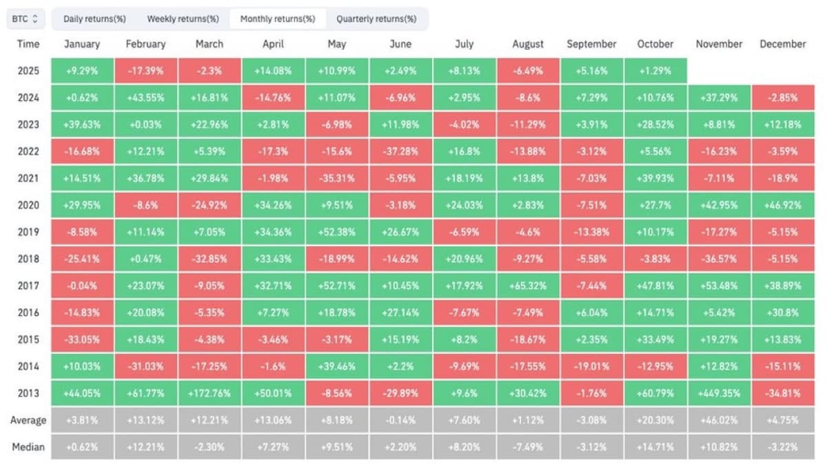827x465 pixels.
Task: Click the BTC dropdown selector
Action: click(x=26, y=19)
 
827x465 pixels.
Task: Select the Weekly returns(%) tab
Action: click(x=183, y=19)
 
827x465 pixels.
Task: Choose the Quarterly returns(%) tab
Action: click(x=376, y=19)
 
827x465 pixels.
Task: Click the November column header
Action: click(x=719, y=43)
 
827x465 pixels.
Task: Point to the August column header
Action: click(x=528, y=43)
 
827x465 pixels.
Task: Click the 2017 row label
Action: click(x=28, y=286)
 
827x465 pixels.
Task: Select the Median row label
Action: click(x=28, y=447)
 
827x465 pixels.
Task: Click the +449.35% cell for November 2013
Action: click(x=719, y=393)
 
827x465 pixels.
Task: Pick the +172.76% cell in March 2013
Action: click(x=210, y=393)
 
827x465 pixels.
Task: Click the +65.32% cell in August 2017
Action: click(x=528, y=286)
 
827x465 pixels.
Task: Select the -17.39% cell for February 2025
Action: click(x=145, y=70)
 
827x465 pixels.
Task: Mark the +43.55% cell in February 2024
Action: click(x=145, y=97)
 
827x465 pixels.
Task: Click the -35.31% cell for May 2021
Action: click(x=337, y=178)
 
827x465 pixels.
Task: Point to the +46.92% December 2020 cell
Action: click(x=783, y=205)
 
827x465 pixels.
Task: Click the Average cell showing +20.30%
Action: click(x=655, y=420)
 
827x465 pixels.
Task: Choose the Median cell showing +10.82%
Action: click(x=719, y=447)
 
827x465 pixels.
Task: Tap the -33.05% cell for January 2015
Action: click(x=82, y=339)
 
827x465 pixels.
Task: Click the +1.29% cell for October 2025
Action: click(x=655, y=70)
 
